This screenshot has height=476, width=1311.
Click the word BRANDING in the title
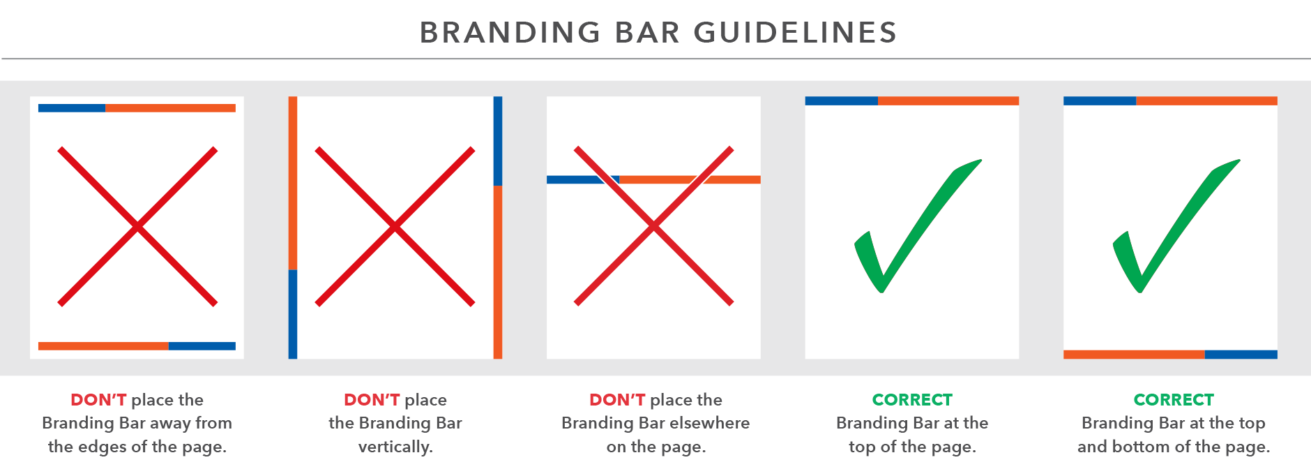point(510,33)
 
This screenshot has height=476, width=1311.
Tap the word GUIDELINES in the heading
point(795,33)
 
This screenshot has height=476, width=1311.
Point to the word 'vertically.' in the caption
point(395,447)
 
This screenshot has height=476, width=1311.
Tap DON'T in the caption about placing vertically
point(372,400)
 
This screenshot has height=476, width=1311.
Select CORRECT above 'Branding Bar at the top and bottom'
point(1174,400)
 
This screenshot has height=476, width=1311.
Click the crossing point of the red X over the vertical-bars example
point(395,227)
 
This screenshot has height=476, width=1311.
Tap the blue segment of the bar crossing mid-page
point(582,180)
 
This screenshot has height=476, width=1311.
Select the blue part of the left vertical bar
point(293,314)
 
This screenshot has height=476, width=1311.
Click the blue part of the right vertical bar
point(498,141)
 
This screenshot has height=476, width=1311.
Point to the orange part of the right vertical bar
point(498,272)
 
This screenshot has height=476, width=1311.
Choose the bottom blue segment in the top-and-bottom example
point(1241,355)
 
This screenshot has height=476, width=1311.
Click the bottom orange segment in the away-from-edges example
point(103,346)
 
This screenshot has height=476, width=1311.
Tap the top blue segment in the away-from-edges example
point(72,108)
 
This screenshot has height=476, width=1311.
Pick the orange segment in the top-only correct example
point(948,101)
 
